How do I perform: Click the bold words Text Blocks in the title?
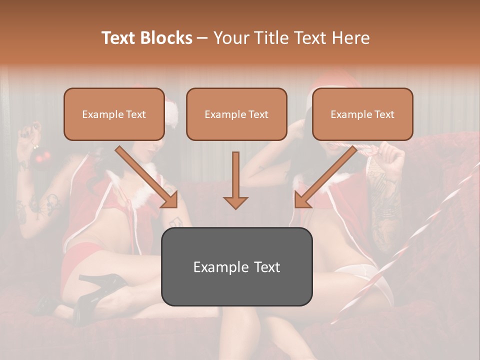pos(146,38)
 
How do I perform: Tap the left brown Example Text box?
pos(114,114)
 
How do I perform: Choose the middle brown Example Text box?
pos(236,114)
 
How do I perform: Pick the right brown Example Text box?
pos(362,114)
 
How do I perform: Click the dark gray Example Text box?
pos(236,266)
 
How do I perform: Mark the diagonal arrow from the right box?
pos(324,178)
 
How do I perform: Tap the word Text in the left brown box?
pos(136,114)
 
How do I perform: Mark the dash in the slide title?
pos(202,38)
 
